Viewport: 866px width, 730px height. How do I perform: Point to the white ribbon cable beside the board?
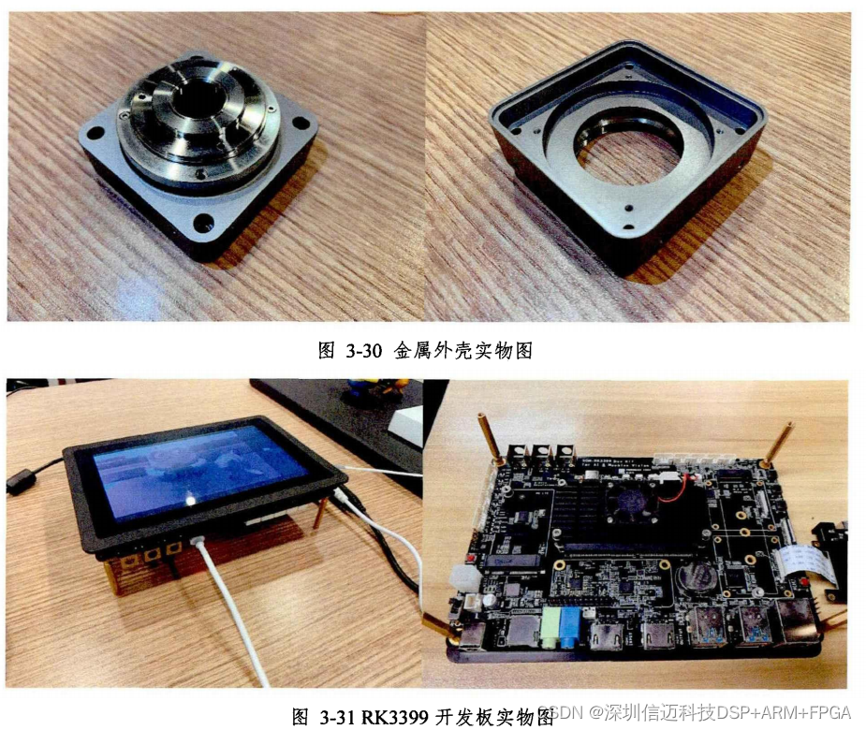point(800,564)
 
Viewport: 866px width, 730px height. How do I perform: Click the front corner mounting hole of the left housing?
point(203,224)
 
